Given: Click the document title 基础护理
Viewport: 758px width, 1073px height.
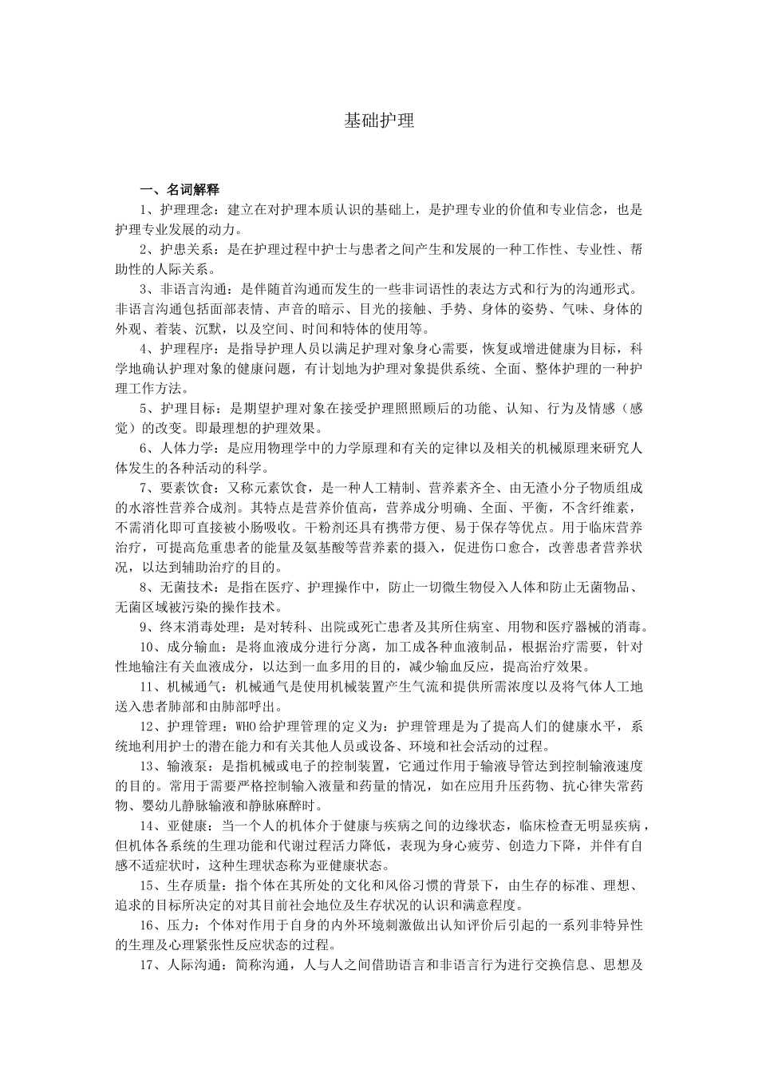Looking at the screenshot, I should point(379,121).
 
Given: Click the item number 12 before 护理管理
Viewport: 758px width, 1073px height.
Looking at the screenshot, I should point(146,726).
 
